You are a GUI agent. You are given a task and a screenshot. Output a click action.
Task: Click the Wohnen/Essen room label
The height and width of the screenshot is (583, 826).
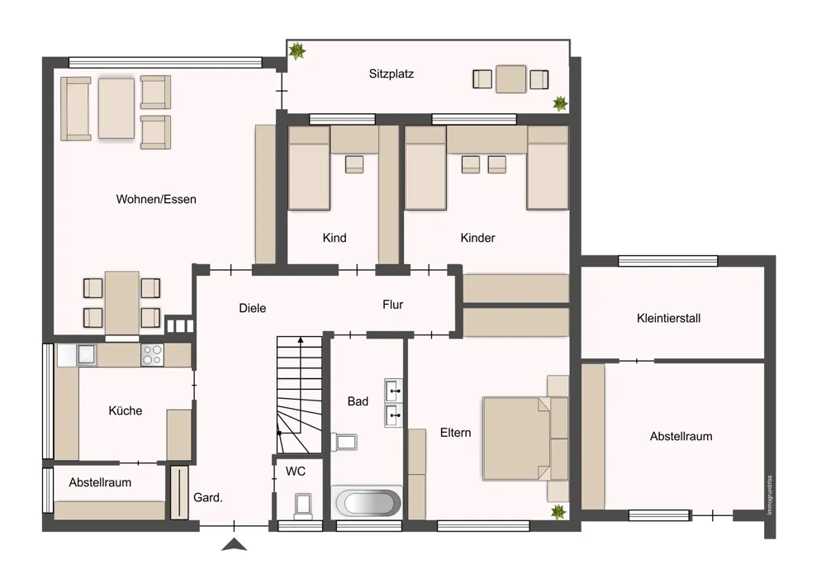[156, 199]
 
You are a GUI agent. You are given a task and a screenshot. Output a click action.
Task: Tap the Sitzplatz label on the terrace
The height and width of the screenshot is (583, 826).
[391, 73]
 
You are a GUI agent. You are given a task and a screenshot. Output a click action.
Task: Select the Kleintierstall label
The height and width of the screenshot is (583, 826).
[668, 318]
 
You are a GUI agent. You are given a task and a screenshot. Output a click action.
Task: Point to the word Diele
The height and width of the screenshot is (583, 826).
[252, 308]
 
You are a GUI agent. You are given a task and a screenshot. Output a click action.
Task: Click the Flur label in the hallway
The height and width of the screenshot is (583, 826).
[393, 305]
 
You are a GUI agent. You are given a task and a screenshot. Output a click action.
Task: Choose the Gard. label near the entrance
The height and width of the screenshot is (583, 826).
[207, 498]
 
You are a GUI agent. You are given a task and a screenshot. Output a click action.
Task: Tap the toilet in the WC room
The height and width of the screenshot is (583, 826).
[303, 505]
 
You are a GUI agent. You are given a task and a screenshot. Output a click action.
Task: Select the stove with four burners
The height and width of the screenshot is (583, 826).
[152, 355]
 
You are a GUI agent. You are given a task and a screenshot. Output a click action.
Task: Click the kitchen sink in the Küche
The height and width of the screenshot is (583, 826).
[86, 355]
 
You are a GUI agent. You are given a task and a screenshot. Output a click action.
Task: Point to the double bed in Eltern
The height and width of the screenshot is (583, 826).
[517, 438]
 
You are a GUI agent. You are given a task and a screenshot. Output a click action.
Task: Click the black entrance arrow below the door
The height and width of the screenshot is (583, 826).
[234, 544]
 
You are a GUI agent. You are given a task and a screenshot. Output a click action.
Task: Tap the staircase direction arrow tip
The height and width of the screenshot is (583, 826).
[301, 339]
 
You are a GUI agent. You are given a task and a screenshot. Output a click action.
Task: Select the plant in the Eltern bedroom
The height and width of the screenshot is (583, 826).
[558, 511]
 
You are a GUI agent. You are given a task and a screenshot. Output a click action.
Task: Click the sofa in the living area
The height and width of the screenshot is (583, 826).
[76, 109]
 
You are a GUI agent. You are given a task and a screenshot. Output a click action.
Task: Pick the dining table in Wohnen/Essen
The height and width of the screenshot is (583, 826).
[121, 303]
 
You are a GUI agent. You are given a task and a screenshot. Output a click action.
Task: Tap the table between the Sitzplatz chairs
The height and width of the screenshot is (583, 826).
[511, 79]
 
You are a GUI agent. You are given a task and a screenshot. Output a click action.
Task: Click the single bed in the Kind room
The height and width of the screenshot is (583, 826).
[309, 168]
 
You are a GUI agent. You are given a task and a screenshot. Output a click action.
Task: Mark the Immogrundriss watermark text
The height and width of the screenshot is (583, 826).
[770, 495]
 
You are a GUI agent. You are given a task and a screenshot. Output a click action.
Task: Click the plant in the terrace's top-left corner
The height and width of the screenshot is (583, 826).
[297, 51]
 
